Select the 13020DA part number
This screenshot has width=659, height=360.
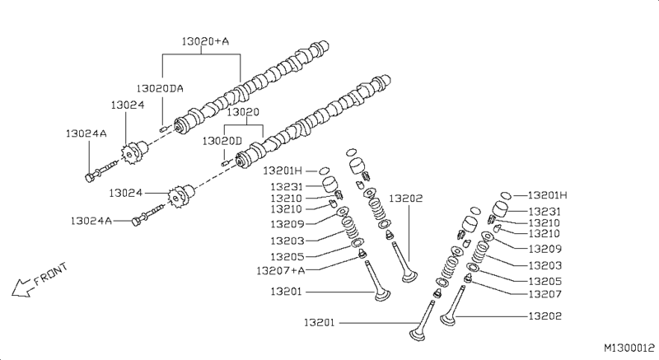click(x=161, y=87)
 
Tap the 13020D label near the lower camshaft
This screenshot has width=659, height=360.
click(x=222, y=142)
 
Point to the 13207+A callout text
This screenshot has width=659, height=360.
click(x=281, y=270)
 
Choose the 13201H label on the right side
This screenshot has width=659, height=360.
click(x=548, y=195)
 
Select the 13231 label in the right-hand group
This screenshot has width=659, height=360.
click(x=544, y=211)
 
